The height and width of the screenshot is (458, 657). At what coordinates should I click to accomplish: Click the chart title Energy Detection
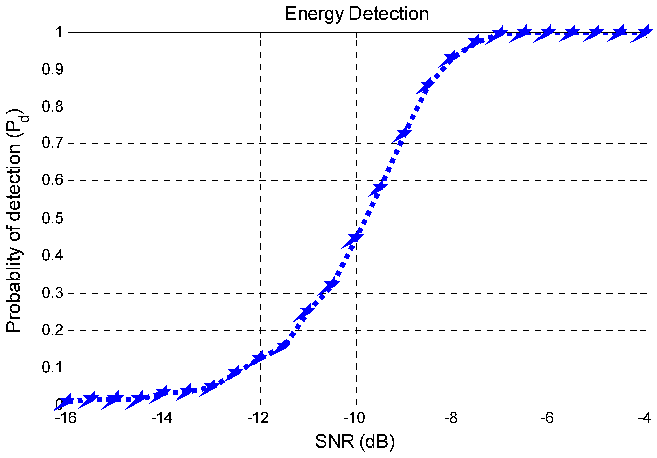tap(357, 14)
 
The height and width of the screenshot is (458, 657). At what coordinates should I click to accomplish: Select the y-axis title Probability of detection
tap(14, 221)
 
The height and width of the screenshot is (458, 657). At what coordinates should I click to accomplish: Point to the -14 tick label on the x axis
tap(162, 418)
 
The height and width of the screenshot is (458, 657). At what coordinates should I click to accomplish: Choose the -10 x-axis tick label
tap(354, 418)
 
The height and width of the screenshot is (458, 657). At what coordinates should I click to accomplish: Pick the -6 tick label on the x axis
tap(547, 418)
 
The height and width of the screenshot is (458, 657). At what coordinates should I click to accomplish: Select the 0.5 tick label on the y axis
tap(52, 219)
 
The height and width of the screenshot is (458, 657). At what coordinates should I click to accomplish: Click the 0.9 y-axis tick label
tap(52, 69)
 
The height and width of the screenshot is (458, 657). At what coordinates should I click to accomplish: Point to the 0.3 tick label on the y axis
tap(52, 293)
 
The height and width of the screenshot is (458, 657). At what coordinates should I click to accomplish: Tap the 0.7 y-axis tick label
tap(52, 143)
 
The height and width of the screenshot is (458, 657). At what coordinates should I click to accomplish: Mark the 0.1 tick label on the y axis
tap(52, 368)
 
